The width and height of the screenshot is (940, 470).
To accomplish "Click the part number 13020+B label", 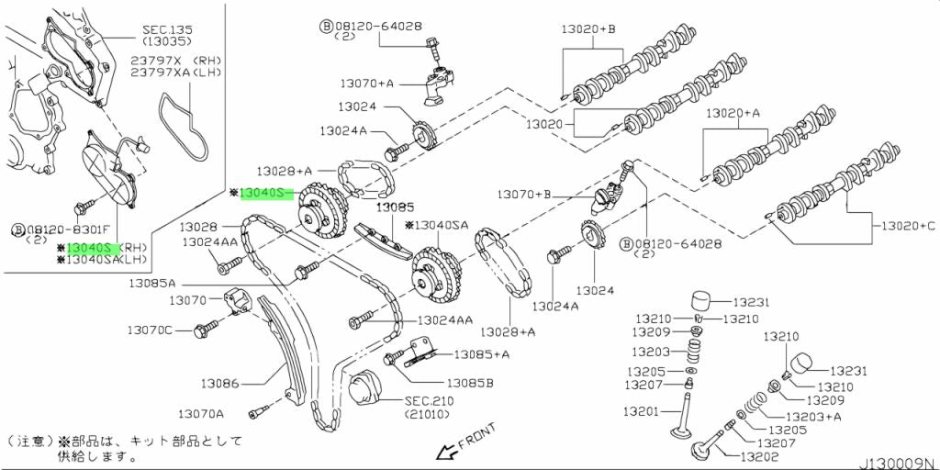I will [x=588, y=29].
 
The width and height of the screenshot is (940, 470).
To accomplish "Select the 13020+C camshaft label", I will [x=908, y=225].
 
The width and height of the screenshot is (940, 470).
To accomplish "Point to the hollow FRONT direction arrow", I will [x=447, y=451].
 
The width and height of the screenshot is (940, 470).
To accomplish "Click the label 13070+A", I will [x=366, y=84].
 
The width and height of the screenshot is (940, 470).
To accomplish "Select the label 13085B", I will [x=470, y=383].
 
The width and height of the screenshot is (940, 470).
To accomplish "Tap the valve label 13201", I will [x=641, y=411].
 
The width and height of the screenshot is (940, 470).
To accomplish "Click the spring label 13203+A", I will [x=811, y=416].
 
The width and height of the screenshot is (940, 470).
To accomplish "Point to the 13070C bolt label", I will [x=150, y=330].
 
